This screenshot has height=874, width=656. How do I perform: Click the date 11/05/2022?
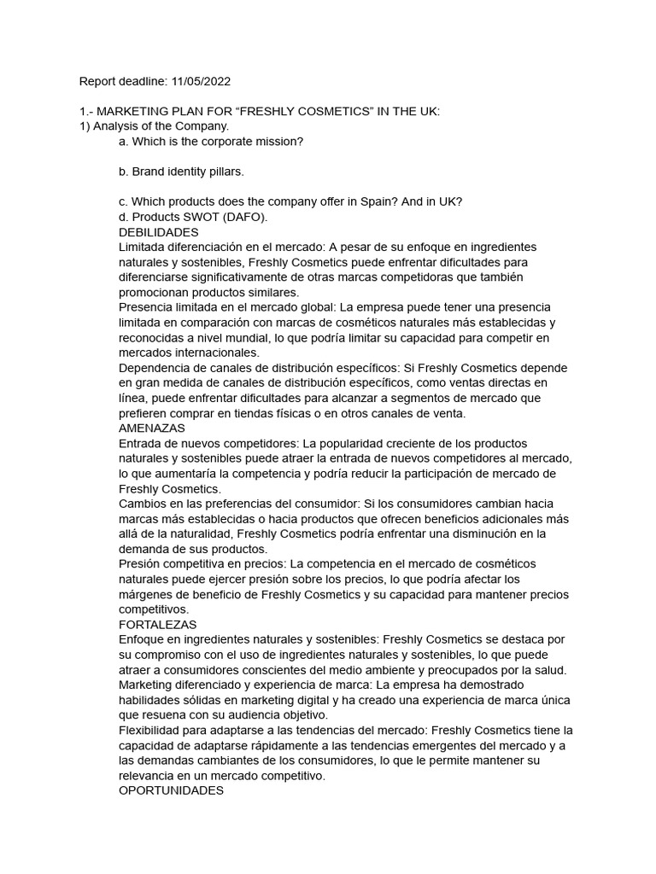[202, 82]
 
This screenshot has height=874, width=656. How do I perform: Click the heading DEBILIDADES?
[159, 232]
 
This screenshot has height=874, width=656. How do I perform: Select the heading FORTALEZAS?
[158, 625]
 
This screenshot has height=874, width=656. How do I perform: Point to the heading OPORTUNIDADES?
[172, 790]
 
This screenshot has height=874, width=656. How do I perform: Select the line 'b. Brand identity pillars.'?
[182, 172]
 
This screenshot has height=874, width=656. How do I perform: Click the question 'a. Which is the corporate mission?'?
[211, 142]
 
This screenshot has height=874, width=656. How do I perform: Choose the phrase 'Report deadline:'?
[122, 82]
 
